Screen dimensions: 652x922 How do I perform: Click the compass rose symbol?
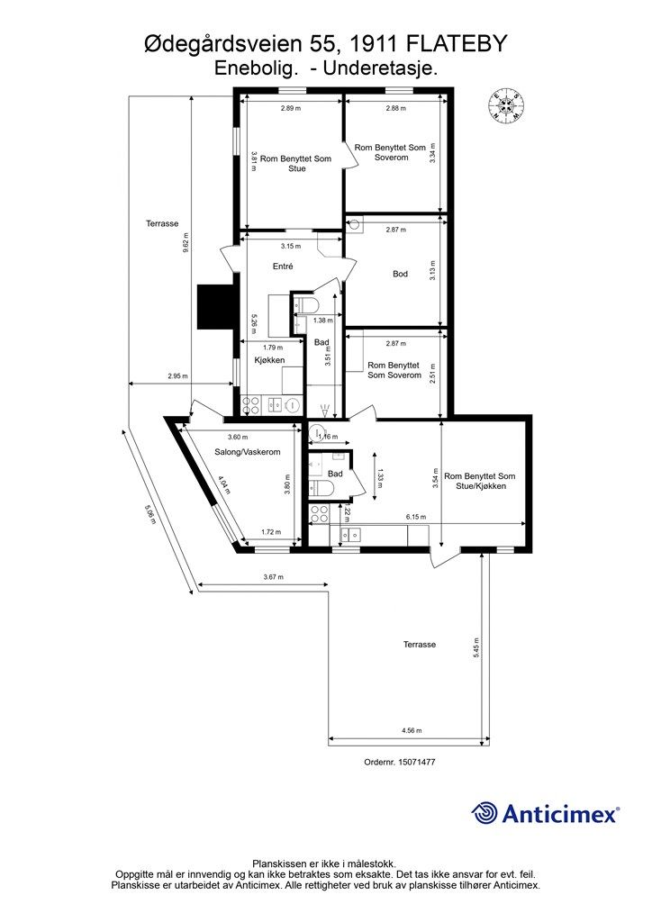pos(505,106)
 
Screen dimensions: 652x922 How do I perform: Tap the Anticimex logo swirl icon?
pos(484,813)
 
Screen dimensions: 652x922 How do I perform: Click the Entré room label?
pos(283,267)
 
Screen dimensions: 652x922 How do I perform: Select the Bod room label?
pos(400,274)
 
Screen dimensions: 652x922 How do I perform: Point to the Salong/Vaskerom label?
pos(247,452)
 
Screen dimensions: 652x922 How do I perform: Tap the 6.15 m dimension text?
pos(416,517)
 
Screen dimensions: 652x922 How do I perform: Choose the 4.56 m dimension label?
pos(412,730)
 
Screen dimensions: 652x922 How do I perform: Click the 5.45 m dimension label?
pos(476,648)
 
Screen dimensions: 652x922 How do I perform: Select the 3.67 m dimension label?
pos(273,577)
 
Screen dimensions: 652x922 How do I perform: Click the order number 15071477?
pos(417,762)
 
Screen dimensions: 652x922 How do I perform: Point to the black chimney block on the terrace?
pos(216,306)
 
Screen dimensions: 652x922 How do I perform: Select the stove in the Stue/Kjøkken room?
pos(320,514)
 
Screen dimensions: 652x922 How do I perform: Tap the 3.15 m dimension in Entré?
pos(291,246)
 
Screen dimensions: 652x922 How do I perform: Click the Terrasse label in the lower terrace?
pos(419,645)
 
